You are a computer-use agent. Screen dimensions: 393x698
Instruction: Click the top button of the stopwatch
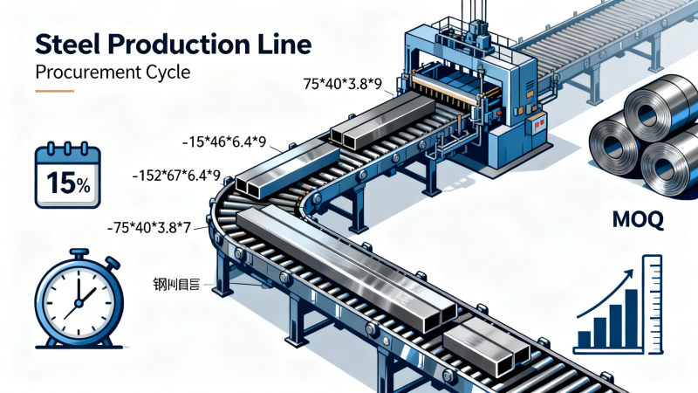click(x=79, y=253)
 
